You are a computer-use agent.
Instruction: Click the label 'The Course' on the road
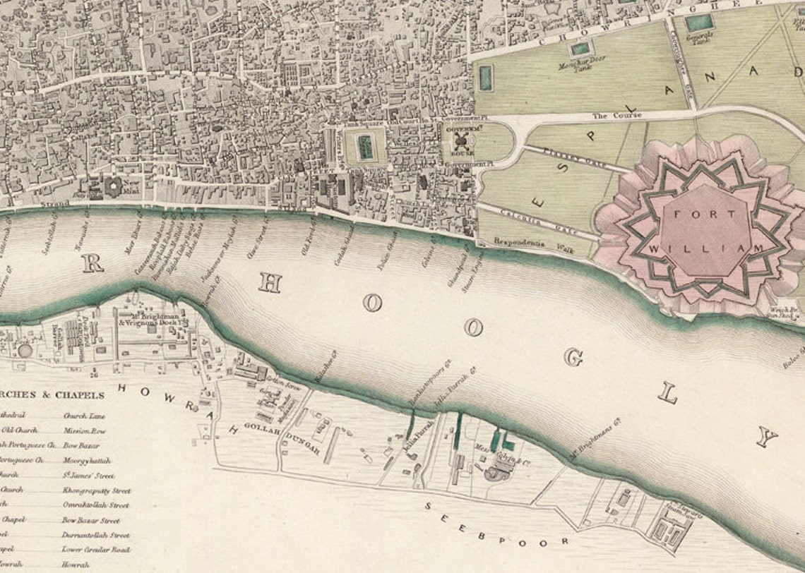click(617, 115)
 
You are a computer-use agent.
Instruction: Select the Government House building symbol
click(458, 141)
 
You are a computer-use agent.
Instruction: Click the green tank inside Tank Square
click(365, 147)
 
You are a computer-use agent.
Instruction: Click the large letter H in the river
click(270, 282)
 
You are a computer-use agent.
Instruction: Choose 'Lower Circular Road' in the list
click(96, 550)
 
